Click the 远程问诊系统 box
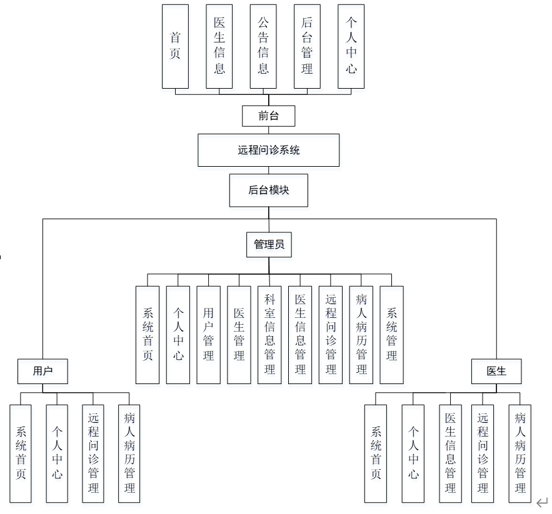(x=269, y=150)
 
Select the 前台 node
(x=269, y=116)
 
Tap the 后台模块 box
(x=269, y=190)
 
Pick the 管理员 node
(x=269, y=245)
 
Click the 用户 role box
(x=43, y=371)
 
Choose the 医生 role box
(x=496, y=371)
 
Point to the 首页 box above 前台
(x=175, y=46)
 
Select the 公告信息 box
(x=263, y=46)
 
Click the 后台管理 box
(x=307, y=46)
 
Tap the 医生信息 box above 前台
(x=219, y=46)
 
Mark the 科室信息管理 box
(x=269, y=335)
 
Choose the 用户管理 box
(x=208, y=335)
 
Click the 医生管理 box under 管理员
(x=239, y=335)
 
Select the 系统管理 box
(x=392, y=335)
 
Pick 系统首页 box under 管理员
(x=148, y=335)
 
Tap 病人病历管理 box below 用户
(x=129, y=453)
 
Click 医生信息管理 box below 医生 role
(x=451, y=453)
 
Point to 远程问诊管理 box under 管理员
(x=331, y=335)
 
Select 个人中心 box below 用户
(x=57, y=453)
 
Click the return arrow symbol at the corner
(x=542, y=502)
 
